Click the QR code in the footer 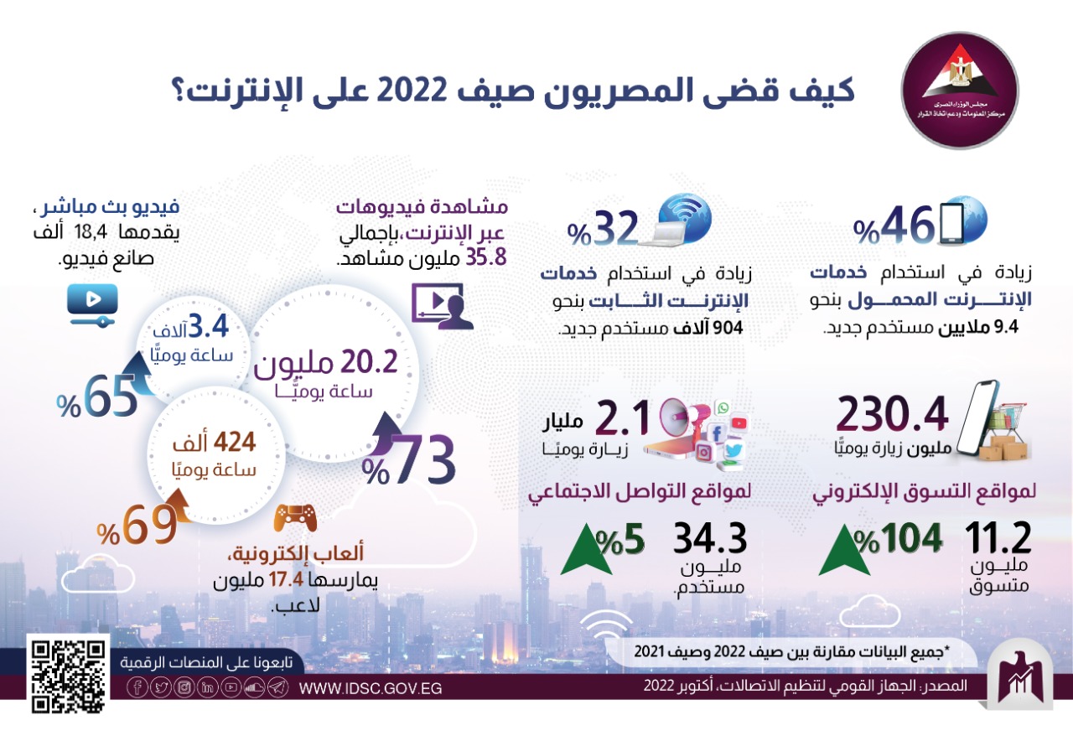[x=69, y=674]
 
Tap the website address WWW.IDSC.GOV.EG [x=370, y=688]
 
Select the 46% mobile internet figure [x=894, y=224]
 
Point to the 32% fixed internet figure [x=604, y=226]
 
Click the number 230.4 [x=894, y=413]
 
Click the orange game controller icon [x=295, y=518]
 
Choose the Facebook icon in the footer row [x=137, y=688]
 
